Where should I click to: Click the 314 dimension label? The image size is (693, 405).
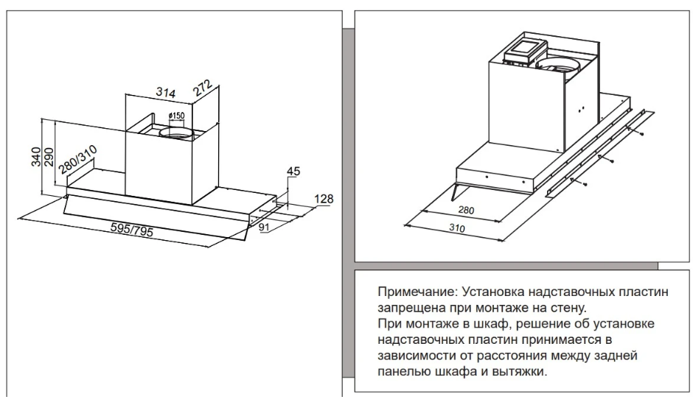pos(165,93)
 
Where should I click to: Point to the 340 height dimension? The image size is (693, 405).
pos(35,157)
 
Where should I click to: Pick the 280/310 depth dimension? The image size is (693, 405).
pos(79,160)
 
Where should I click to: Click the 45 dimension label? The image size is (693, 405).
pos(293,172)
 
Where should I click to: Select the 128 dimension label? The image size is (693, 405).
pos(324,199)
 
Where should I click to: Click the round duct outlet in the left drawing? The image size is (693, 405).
pos(177,133)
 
